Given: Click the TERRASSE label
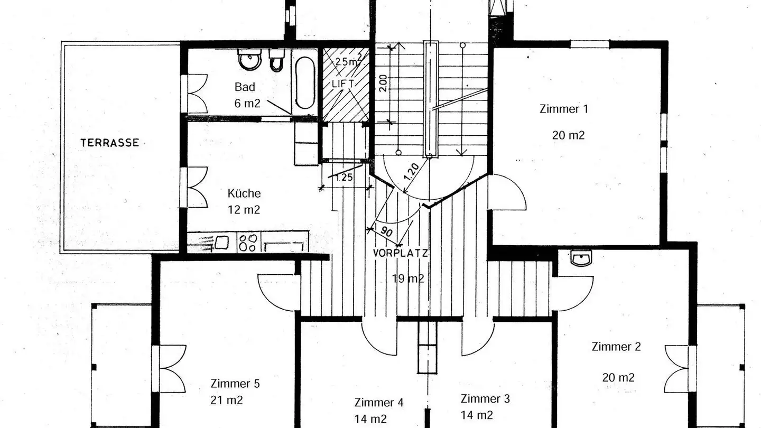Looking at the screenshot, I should [x=109, y=143].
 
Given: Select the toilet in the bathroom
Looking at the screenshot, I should [x=276, y=61].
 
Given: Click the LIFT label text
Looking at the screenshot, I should [x=342, y=84].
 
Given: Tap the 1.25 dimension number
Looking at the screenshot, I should [x=344, y=178].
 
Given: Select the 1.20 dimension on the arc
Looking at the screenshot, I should [x=412, y=173].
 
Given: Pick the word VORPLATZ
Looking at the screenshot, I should [x=400, y=253].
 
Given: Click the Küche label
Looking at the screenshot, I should [x=244, y=193].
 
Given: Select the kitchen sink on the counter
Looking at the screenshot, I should [x=220, y=243].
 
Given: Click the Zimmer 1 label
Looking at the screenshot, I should [x=563, y=109].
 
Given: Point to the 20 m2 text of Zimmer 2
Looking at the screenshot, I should [x=618, y=378].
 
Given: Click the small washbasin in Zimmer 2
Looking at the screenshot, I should [x=581, y=258].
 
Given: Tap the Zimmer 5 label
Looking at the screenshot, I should [x=235, y=384].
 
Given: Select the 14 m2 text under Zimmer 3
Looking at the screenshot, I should [x=477, y=415].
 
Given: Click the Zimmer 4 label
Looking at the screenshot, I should [x=379, y=403].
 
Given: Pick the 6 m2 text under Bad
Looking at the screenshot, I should [x=247, y=104].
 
